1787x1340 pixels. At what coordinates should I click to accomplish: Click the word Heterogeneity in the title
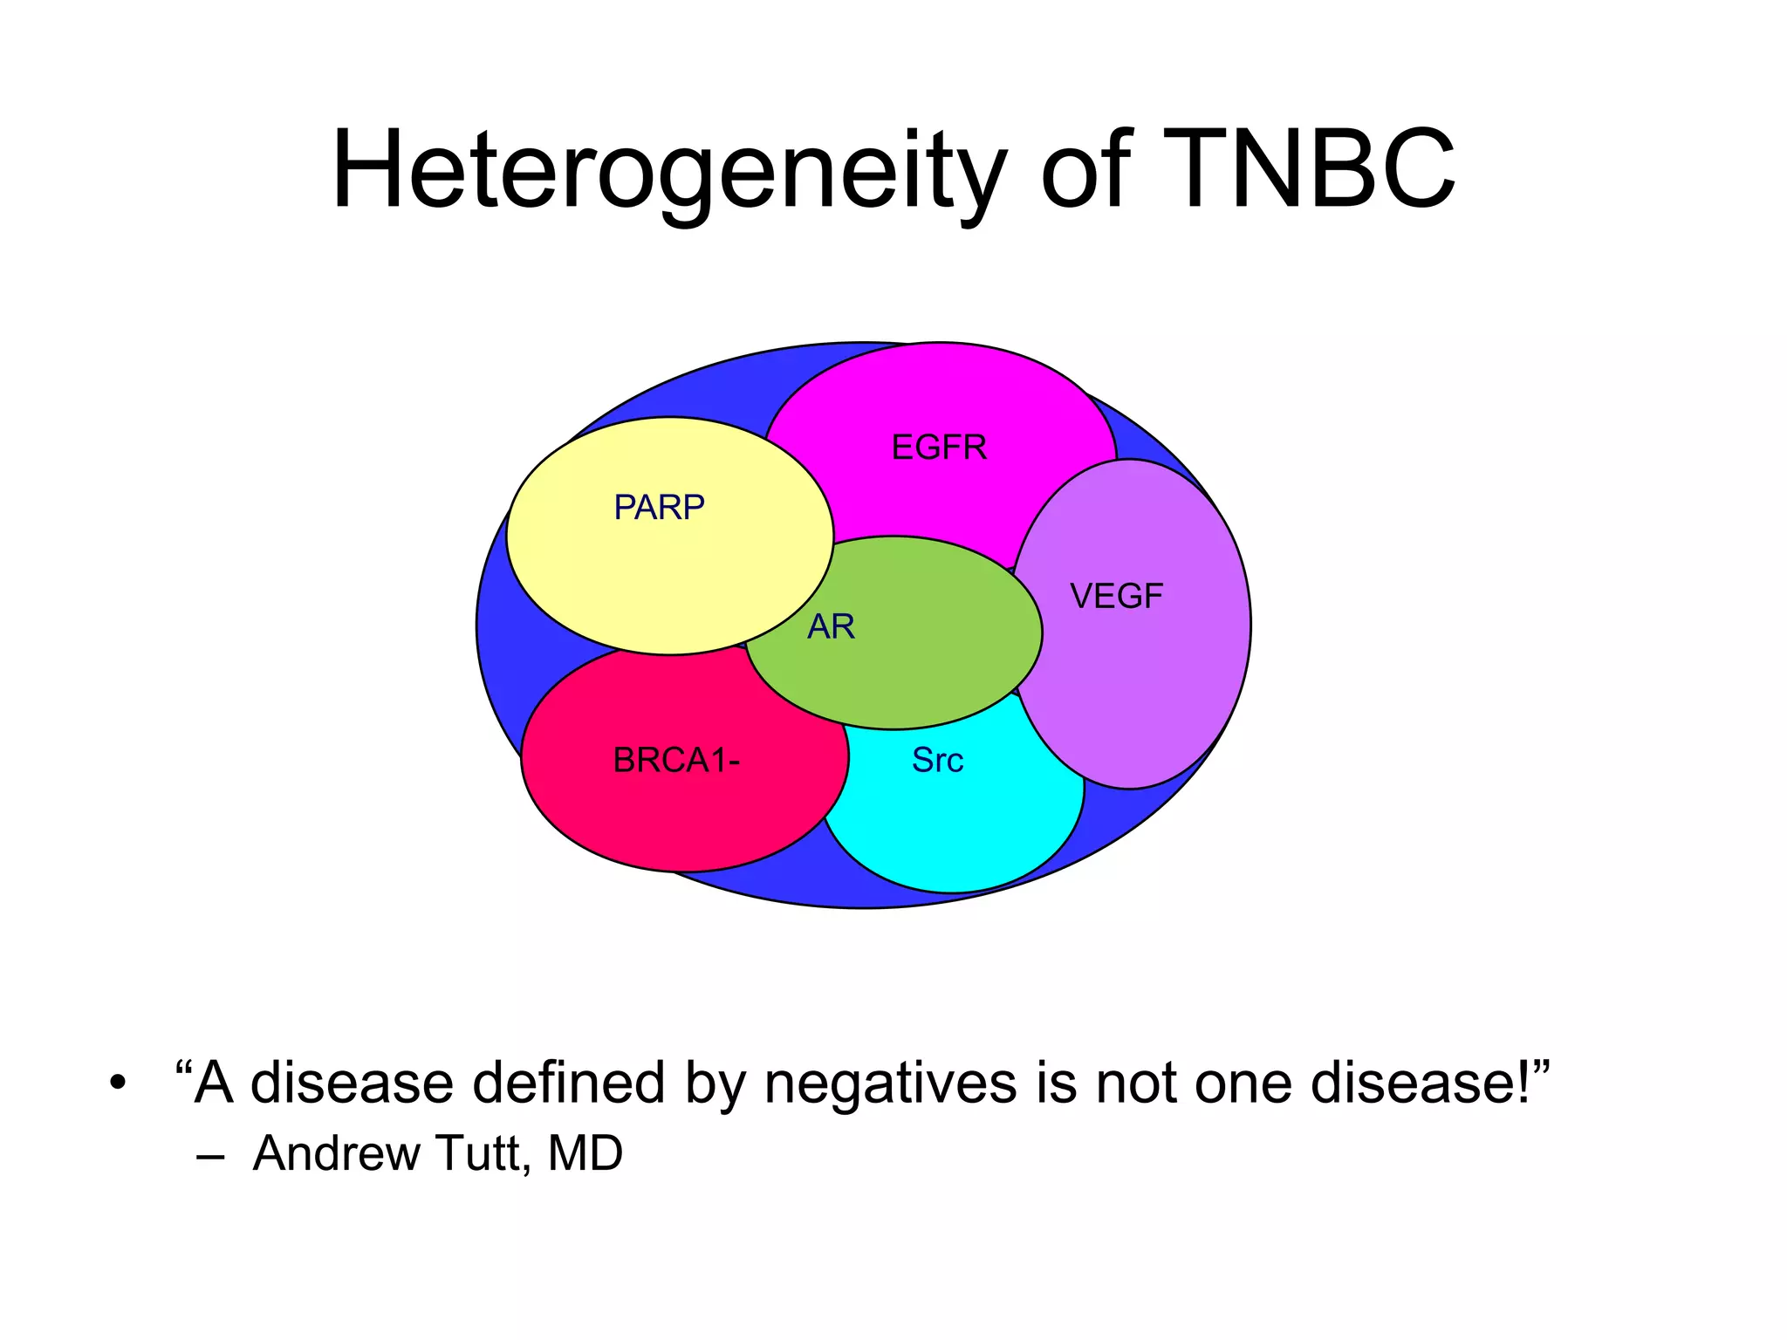click(x=668, y=171)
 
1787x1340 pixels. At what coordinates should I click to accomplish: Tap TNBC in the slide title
click(x=1308, y=171)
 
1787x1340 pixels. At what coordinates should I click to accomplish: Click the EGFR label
click(x=939, y=448)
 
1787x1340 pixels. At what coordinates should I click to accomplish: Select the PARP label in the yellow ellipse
click(x=659, y=507)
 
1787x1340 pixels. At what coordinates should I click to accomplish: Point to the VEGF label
click(x=1116, y=597)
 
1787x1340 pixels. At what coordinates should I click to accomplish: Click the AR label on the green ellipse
click(x=831, y=626)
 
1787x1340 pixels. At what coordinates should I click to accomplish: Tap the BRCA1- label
click(x=676, y=761)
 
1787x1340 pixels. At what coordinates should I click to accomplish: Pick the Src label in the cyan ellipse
click(x=937, y=760)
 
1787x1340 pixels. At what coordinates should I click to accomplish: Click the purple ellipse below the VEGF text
click(x=1131, y=698)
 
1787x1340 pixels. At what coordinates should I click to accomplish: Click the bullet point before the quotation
click(x=118, y=1084)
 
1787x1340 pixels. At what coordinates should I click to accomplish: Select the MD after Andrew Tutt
click(x=585, y=1153)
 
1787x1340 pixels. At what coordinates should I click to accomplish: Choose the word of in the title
click(x=1085, y=171)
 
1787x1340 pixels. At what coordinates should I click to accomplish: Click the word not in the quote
click(x=1138, y=1084)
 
